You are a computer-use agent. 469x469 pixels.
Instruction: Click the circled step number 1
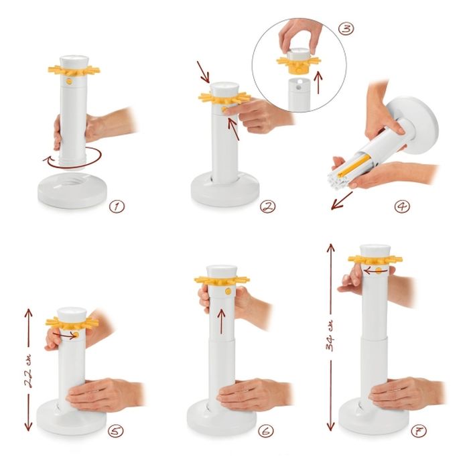(x=117, y=206)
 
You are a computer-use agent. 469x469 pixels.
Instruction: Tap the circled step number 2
(x=268, y=206)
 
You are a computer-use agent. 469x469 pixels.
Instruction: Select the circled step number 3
(x=346, y=29)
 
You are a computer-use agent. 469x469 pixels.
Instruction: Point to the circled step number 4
(x=402, y=206)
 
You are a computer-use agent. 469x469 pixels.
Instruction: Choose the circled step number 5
(x=116, y=431)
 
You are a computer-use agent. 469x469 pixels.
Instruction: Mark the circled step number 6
(x=266, y=431)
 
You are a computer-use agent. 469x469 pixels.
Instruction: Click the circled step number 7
(x=419, y=431)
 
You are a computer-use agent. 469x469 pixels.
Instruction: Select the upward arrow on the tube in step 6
(x=221, y=321)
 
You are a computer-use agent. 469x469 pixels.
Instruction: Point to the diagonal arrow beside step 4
(x=342, y=201)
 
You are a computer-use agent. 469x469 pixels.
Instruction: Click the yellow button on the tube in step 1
(x=69, y=81)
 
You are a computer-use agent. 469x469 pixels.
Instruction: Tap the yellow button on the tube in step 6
(x=228, y=291)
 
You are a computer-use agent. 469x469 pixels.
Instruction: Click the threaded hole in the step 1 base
(x=72, y=180)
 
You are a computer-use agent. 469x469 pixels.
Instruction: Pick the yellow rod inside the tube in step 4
(x=354, y=165)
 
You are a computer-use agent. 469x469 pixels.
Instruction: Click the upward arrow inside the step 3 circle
(x=319, y=82)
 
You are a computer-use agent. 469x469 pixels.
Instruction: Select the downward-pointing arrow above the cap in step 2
(x=204, y=72)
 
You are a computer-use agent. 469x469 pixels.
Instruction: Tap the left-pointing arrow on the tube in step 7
(x=376, y=271)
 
